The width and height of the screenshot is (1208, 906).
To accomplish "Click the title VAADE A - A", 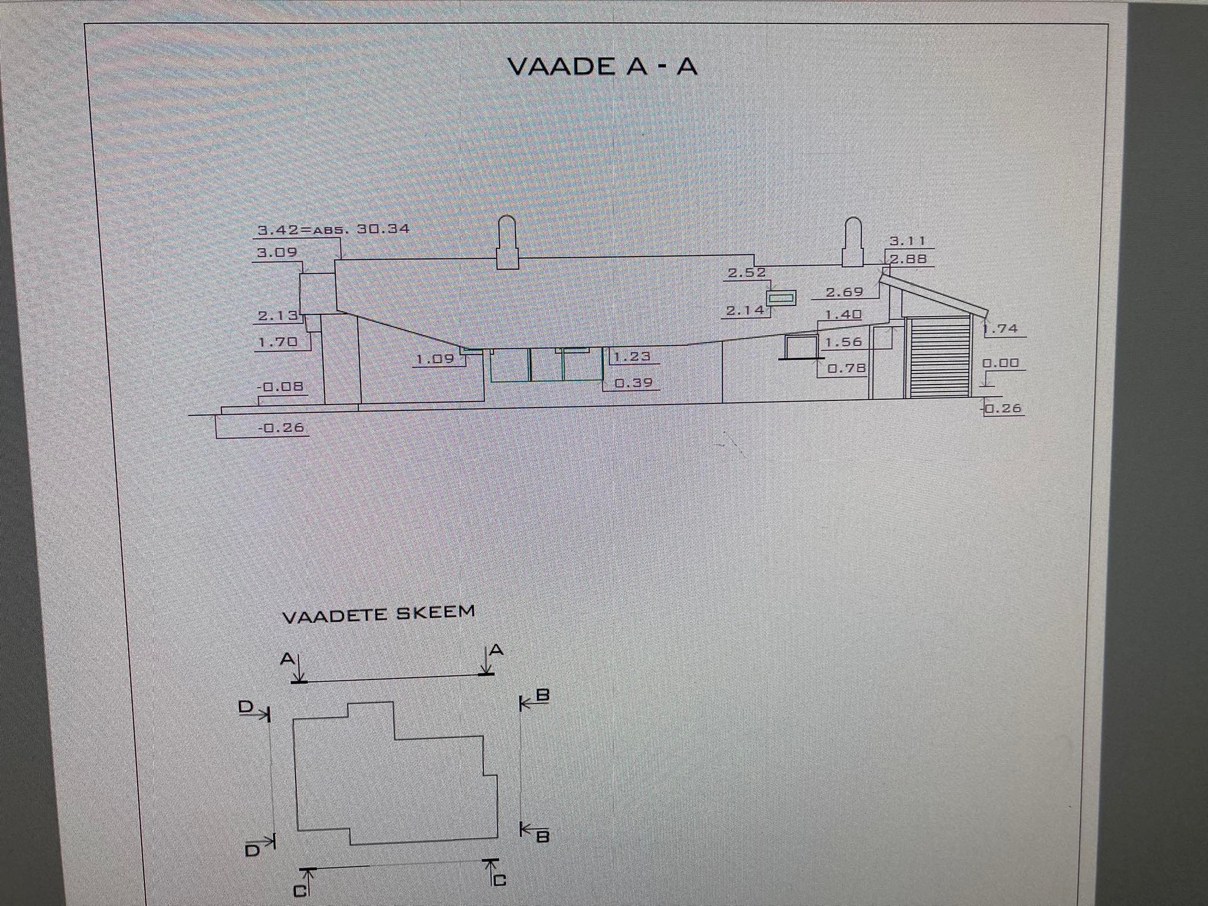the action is pyautogui.click(x=602, y=66).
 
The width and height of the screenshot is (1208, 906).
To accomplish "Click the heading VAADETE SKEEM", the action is pyautogui.click(x=379, y=614).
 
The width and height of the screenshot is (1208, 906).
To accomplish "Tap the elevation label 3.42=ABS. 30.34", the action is pyautogui.click(x=333, y=229).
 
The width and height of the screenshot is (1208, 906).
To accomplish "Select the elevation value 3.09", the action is pyautogui.click(x=277, y=252).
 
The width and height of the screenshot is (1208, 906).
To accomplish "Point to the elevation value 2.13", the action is pyautogui.click(x=278, y=316).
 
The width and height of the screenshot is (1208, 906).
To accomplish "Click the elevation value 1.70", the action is pyautogui.click(x=278, y=342).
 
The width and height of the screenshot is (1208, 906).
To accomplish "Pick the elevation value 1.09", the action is pyautogui.click(x=435, y=359).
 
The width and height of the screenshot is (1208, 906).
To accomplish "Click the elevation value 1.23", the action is pyautogui.click(x=632, y=356).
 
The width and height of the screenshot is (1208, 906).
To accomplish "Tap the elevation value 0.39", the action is pyautogui.click(x=634, y=383).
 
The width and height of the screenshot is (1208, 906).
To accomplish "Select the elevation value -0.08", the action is pyautogui.click(x=281, y=386).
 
